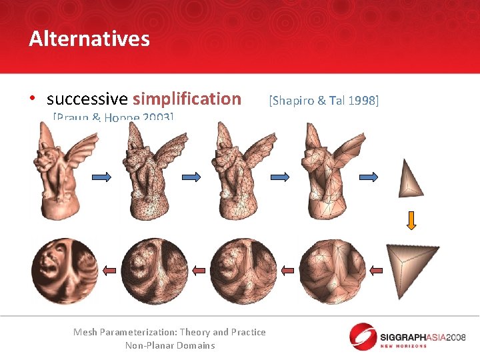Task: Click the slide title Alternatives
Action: (x=89, y=39)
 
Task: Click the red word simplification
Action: (x=187, y=99)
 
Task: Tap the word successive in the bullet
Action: (x=87, y=99)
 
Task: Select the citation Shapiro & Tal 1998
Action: (x=323, y=100)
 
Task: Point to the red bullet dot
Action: (x=32, y=99)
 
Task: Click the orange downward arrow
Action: (x=411, y=221)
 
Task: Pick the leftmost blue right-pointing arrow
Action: (x=102, y=177)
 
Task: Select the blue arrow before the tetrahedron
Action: (x=369, y=177)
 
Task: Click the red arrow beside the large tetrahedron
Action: (x=377, y=270)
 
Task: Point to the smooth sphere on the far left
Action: (x=64, y=271)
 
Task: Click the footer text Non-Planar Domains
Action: (x=170, y=345)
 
